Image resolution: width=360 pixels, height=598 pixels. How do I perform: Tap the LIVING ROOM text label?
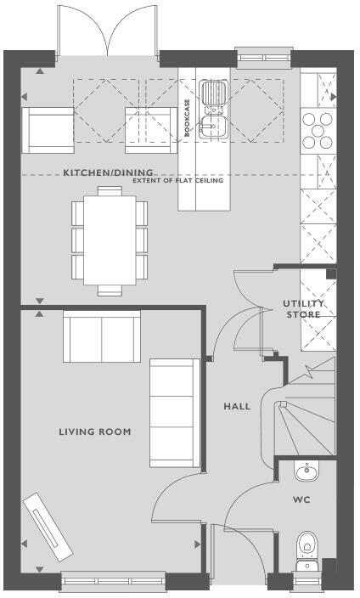click(x=95, y=432)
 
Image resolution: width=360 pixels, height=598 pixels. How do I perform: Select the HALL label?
click(x=237, y=407)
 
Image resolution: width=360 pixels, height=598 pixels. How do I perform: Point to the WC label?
click(x=301, y=500)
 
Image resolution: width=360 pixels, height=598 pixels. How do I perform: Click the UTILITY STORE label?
click(x=302, y=309)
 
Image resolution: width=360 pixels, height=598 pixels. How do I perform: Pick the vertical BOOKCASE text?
click(x=187, y=112)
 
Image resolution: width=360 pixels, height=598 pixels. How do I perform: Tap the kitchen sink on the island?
click(x=211, y=110)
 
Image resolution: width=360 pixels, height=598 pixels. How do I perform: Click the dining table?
click(x=109, y=242)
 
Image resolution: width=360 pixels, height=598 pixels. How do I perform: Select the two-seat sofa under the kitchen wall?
click(x=103, y=338)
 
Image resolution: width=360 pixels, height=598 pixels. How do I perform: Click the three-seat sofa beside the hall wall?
click(x=175, y=413)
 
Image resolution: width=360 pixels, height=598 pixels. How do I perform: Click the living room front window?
click(x=113, y=583)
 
